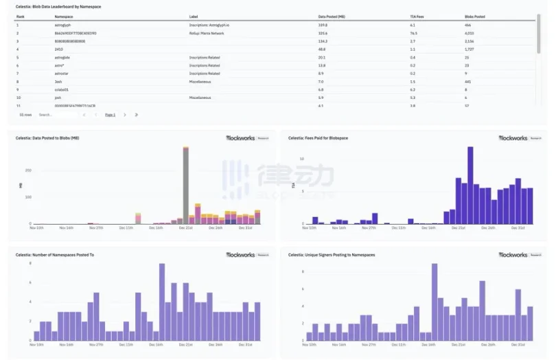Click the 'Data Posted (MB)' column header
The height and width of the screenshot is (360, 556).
pos(332,16)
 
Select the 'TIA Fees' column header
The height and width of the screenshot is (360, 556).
pos(417,16)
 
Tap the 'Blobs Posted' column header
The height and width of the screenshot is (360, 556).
pos(474,16)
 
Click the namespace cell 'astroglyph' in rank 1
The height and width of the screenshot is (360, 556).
pos(63,25)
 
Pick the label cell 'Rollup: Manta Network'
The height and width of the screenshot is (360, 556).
pos(207,33)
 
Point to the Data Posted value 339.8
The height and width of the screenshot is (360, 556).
pos(323,25)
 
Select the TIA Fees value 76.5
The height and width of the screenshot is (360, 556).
pos(414,33)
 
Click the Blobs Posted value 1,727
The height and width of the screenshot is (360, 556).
pos(470,49)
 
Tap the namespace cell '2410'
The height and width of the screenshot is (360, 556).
pos(58,49)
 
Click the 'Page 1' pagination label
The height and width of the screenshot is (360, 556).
pos(110,115)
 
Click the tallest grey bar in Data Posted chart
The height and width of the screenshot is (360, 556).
pos(185,185)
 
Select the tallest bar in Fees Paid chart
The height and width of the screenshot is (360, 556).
pos(470,185)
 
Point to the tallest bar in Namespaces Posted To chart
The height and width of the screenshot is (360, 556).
pos(162,302)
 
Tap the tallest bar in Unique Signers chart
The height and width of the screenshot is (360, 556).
pos(435,302)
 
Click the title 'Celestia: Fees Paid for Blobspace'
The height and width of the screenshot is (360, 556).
pos(318,138)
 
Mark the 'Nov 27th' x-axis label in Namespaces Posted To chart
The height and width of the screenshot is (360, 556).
pos(96,345)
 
